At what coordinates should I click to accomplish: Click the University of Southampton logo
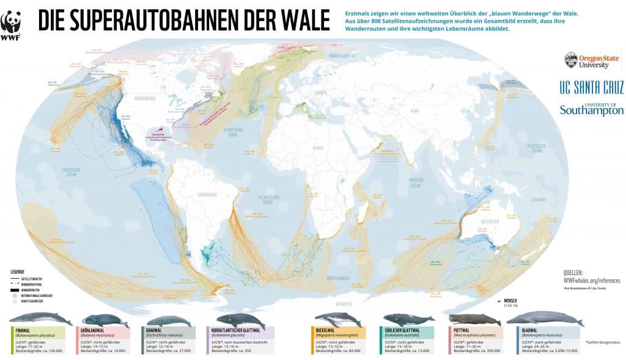tap(592, 109)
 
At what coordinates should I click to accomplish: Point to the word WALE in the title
tap(300, 21)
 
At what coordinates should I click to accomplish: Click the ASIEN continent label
tap(415, 111)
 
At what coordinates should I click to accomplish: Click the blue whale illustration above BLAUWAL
tap(544, 318)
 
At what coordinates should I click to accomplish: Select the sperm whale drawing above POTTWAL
tap(475, 319)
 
